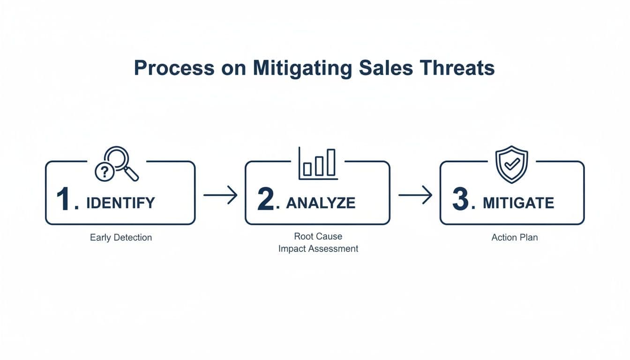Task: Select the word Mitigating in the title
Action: (x=302, y=68)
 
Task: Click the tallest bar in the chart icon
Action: (x=331, y=162)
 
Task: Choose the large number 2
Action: (x=265, y=201)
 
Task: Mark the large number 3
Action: (x=461, y=201)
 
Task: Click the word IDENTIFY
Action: (x=120, y=203)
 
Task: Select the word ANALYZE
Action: (x=321, y=203)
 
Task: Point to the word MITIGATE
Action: (x=518, y=203)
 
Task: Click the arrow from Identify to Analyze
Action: (x=220, y=195)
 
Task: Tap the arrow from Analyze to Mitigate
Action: (x=415, y=195)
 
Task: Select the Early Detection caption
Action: (x=121, y=238)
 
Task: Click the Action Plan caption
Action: (x=514, y=238)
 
